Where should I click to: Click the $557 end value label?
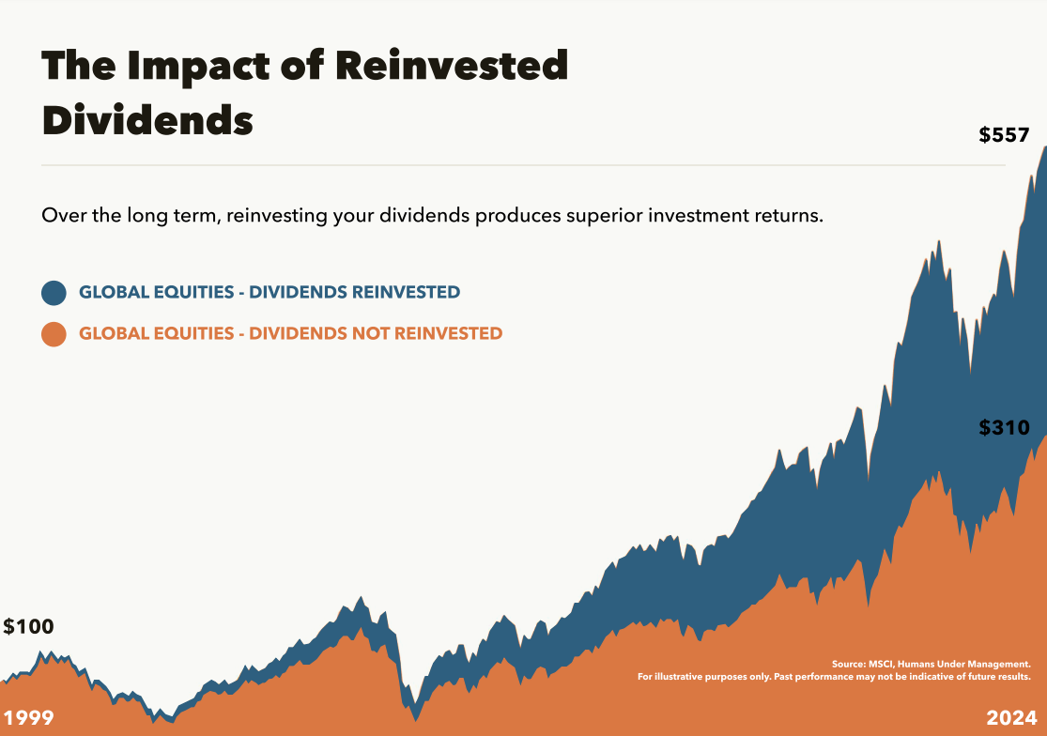(1004, 135)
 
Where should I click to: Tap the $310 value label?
(1004, 428)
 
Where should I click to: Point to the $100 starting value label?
(28, 627)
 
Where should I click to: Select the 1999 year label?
(27, 718)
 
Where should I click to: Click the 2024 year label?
(1011, 718)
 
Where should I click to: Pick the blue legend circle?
(54, 292)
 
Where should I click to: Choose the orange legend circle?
(54, 333)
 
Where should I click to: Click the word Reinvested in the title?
(451, 67)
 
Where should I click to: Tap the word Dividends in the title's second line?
(147, 121)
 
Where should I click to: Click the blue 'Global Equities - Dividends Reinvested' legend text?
(269, 292)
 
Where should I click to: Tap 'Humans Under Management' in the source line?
(964, 664)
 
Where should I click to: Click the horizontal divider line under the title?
(523, 165)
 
